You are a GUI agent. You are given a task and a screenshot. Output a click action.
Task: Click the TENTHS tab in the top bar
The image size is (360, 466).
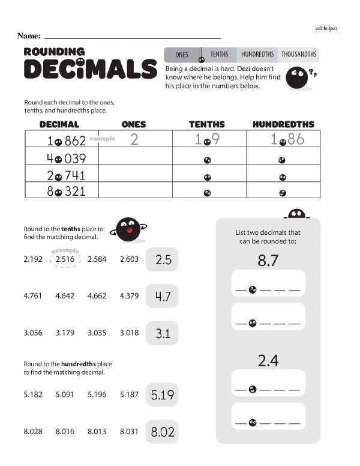point(219,55)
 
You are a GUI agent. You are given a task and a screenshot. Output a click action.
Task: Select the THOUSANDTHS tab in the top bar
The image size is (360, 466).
point(298,55)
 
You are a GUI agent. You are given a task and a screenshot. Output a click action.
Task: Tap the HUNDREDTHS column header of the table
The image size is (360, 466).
point(283,124)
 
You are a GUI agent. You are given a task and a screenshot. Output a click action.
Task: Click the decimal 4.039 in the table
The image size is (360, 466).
point(66,159)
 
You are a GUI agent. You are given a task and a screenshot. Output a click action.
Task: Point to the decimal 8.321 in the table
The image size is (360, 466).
point(66,192)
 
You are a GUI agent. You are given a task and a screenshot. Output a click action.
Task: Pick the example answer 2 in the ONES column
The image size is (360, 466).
point(134,141)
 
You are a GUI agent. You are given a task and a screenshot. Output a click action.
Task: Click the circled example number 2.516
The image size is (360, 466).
point(65,259)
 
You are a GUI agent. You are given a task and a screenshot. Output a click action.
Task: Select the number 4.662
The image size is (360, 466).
point(97,295)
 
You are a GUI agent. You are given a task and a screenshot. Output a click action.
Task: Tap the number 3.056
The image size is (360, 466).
point(33,333)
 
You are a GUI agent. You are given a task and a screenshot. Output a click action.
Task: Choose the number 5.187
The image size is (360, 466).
point(129,395)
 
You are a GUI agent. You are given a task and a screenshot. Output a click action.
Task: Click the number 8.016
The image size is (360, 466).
point(65,431)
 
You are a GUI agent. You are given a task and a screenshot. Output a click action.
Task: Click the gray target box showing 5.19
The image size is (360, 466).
point(163,395)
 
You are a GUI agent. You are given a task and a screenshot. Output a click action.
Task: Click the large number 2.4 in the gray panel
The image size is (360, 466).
point(268,360)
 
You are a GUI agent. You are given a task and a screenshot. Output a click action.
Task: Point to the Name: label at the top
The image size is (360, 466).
point(29,36)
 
